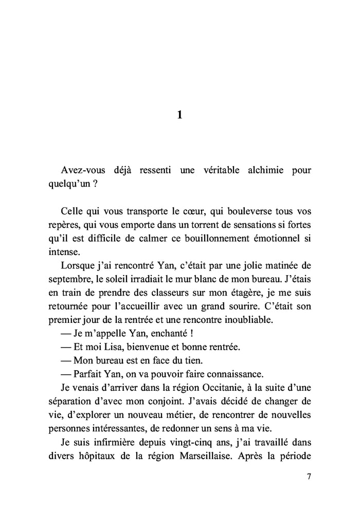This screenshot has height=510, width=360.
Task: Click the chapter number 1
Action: pyautogui.click(x=179, y=116)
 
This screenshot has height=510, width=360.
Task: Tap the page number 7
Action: pyautogui.click(x=309, y=477)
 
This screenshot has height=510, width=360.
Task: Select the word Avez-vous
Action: pyautogui.click(x=80, y=171)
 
